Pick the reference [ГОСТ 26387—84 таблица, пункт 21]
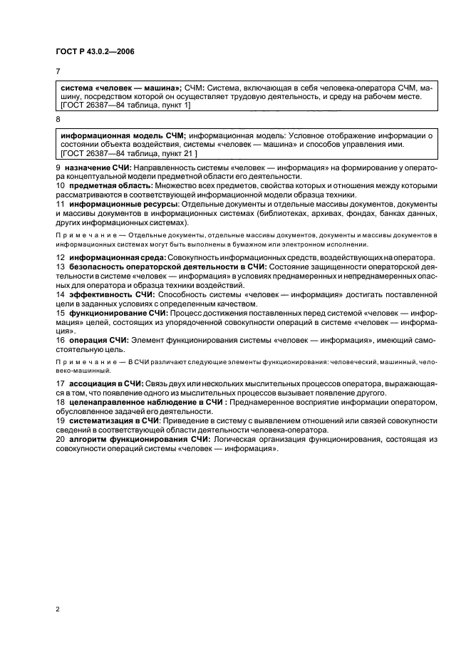129,153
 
